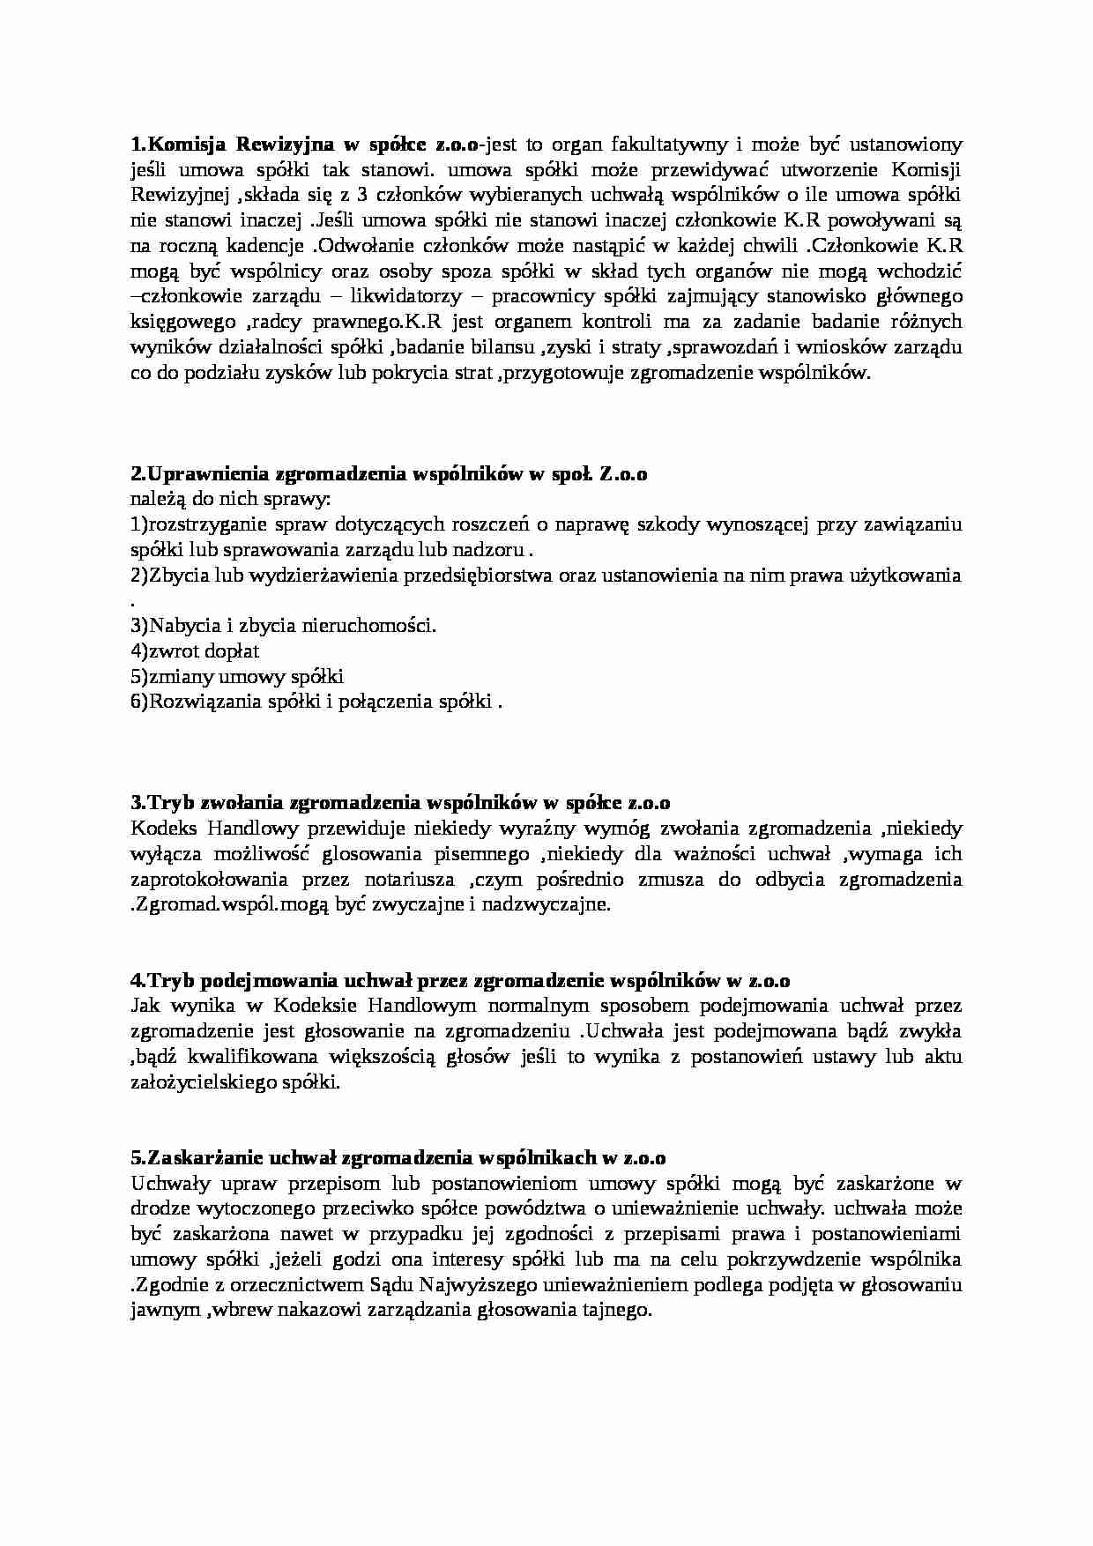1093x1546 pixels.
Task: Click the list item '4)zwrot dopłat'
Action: click(x=195, y=651)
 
